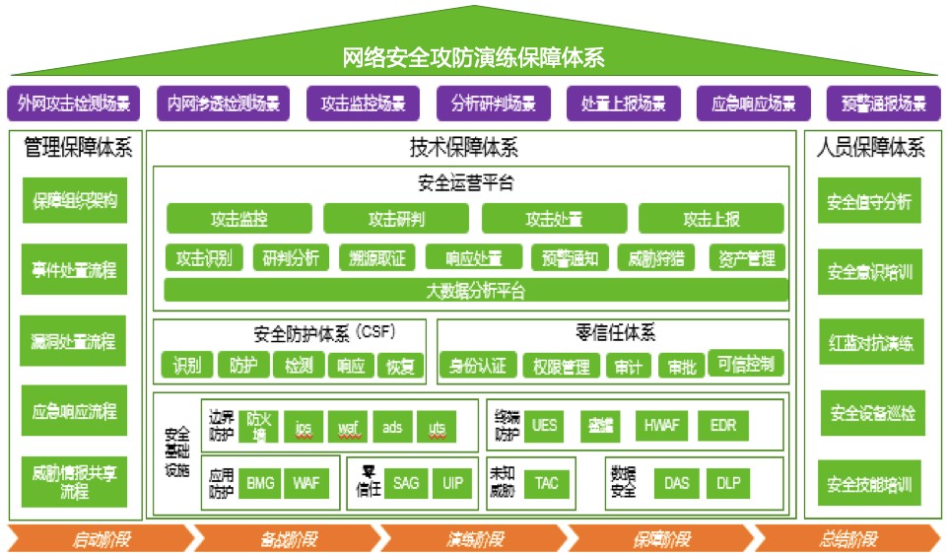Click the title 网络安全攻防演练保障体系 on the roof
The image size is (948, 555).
pos(473,57)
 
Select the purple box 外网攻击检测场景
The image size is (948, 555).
pos(74,103)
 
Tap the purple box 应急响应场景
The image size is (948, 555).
pos(753,103)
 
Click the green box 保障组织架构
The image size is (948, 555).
pos(75,200)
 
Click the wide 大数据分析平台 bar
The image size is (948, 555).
pos(476,291)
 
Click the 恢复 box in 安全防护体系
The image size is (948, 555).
pos(400,367)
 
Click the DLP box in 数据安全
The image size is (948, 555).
pos(728,483)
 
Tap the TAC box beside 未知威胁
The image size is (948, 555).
pos(547,483)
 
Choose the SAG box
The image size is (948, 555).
pos(406,483)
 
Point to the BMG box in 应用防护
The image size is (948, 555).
pos(260,483)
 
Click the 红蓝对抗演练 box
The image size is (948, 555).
pos(870,344)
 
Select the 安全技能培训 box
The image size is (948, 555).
pos(870,485)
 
